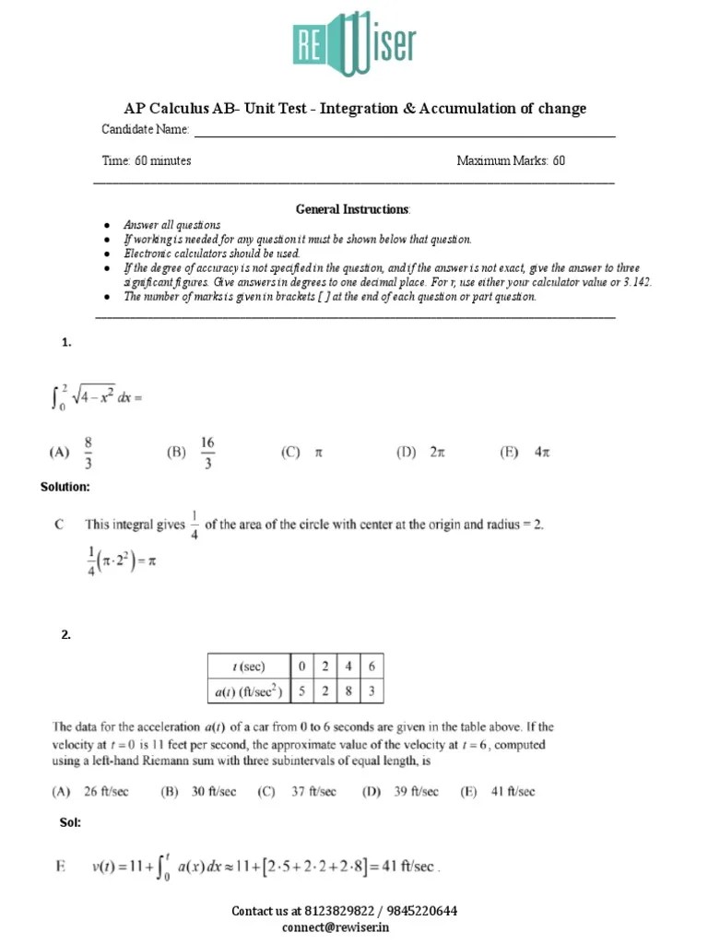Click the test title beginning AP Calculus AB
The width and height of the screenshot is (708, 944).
click(355, 109)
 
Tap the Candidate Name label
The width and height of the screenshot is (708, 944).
click(146, 129)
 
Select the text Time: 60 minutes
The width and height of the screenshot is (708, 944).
click(147, 160)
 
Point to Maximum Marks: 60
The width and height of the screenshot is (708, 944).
click(511, 160)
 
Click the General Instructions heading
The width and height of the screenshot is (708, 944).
click(354, 209)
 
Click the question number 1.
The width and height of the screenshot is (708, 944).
click(66, 343)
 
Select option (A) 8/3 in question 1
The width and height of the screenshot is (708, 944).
click(72, 453)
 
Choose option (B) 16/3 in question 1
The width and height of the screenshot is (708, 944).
click(192, 453)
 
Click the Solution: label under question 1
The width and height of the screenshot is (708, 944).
click(65, 486)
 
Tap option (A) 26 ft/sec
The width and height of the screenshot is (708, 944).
click(93, 791)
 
